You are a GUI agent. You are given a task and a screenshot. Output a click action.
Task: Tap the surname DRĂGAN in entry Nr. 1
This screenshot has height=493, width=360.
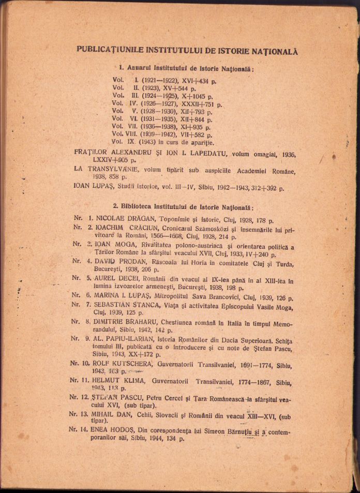[x=139, y=219]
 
